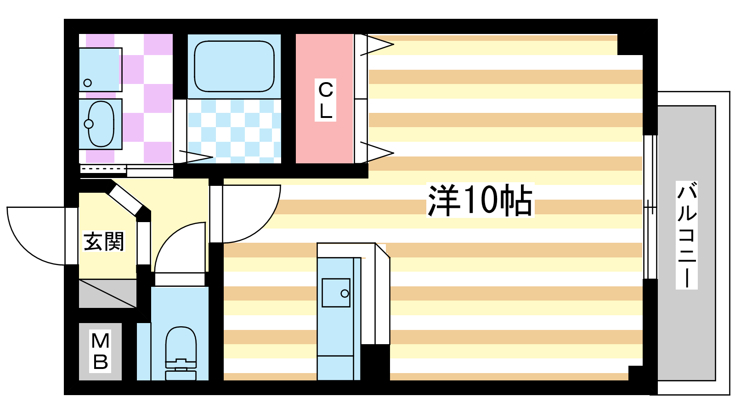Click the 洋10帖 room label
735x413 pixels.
[480, 200]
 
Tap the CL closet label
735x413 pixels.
[326, 100]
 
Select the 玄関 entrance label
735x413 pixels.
[104, 241]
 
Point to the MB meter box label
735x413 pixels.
[101, 351]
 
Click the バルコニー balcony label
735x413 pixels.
[687, 235]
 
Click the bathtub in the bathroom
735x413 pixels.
[234, 66]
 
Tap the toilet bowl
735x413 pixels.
[181, 353]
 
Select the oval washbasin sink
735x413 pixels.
[101, 124]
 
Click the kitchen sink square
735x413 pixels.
[336, 293]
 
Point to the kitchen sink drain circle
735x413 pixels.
[345, 293]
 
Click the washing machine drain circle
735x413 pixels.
[87, 83]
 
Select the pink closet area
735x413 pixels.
[324, 99]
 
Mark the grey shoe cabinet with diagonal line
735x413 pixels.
[107, 294]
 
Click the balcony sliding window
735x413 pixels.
[650, 207]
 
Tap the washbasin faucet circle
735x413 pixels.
[89, 124]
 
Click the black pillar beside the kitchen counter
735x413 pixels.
[375, 362]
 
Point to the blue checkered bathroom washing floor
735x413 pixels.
[234, 131]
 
